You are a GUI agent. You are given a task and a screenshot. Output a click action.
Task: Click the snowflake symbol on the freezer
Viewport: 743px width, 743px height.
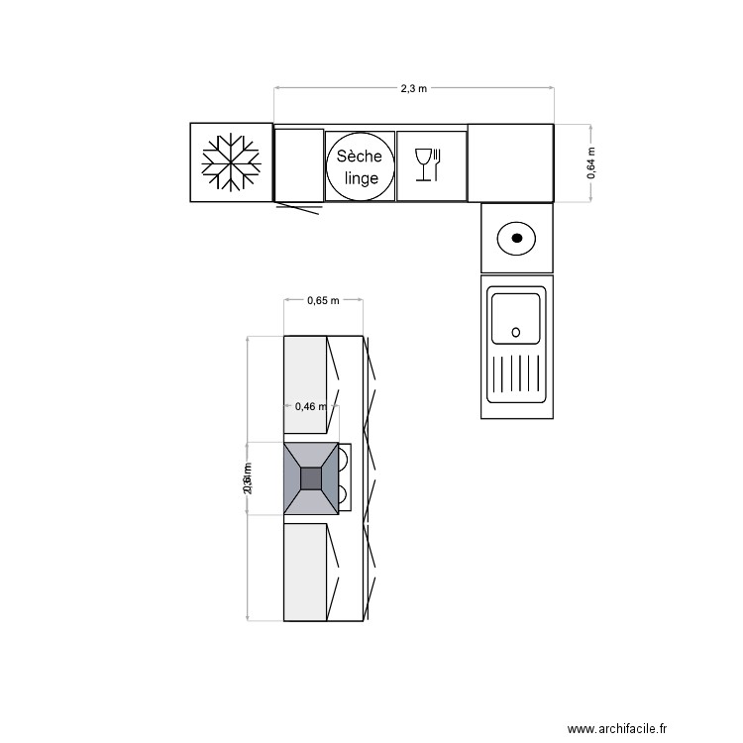pos(231,162)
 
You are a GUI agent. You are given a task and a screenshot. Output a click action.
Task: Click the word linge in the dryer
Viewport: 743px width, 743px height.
pos(360,178)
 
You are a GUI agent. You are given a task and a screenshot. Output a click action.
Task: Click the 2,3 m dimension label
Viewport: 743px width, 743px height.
pos(414,88)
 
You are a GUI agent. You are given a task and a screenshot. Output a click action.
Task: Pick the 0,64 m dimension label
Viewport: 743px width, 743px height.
pos(591,164)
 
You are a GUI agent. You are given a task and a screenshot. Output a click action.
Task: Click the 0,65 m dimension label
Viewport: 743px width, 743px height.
pos(323,299)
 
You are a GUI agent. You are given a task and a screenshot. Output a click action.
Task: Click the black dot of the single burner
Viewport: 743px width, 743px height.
pos(516,238)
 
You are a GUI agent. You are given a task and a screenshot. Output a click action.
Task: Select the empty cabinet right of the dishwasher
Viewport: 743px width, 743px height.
pos(510,162)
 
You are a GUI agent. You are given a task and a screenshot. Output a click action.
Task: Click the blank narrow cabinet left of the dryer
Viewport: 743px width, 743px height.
pos(298,164)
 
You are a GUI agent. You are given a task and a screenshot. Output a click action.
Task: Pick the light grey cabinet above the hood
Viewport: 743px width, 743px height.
pos(306,384)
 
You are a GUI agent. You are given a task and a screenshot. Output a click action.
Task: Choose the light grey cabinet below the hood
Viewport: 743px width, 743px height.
pos(306,572)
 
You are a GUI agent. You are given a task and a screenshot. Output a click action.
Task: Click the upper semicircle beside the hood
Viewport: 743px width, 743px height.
pos(344,458)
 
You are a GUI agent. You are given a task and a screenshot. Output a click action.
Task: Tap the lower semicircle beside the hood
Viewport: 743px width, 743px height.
pos(344,493)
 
